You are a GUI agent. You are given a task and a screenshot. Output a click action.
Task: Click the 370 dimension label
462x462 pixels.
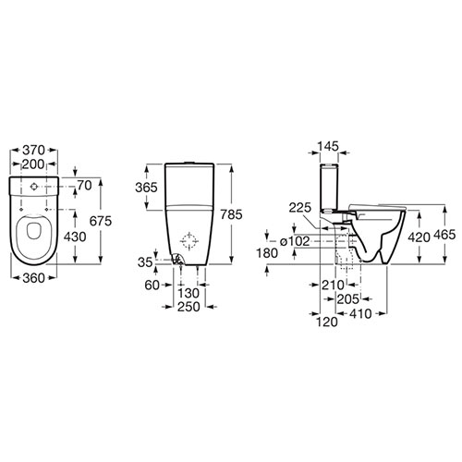(x=34, y=151)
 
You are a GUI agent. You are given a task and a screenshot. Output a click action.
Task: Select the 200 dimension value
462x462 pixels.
(x=33, y=164)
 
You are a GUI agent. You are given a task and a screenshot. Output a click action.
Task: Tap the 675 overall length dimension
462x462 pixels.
(x=101, y=221)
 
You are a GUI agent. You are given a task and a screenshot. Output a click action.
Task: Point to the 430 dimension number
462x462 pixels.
(x=75, y=237)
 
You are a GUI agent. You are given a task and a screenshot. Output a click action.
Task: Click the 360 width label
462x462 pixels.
(x=34, y=278)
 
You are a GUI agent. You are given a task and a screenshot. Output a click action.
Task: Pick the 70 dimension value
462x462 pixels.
(x=84, y=186)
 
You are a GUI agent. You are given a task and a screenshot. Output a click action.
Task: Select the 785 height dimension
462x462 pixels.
(x=232, y=214)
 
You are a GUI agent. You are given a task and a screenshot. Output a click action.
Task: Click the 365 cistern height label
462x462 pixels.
(x=146, y=188)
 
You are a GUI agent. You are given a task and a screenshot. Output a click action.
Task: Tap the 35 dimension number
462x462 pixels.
(x=145, y=262)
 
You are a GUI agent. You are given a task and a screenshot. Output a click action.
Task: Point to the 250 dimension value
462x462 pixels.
(x=188, y=307)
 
